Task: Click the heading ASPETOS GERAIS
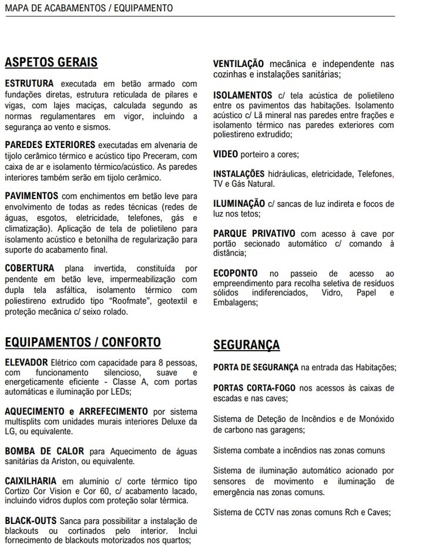(x=51, y=62)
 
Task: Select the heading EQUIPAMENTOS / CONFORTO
(x=82, y=342)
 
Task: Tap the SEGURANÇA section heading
(x=246, y=345)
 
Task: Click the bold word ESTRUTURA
(x=29, y=84)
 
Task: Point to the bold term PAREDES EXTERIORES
(x=49, y=145)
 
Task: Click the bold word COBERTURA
(x=30, y=268)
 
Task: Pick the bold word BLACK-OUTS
(x=31, y=521)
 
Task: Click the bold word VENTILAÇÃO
(x=239, y=64)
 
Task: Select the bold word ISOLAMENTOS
(x=242, y=95)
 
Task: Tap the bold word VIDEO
(x=226, y=154)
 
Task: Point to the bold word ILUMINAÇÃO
(x=239, y=204)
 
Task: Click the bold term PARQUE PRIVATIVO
(x=254, y=234)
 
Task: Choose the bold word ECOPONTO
(x=235, y=274)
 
